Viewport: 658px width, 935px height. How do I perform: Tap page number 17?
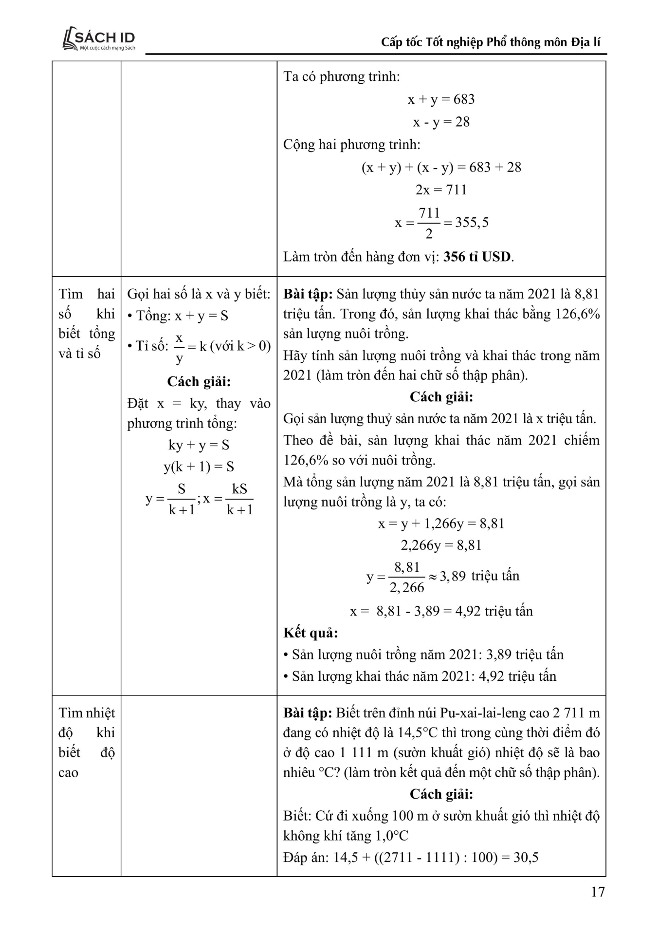pyautogui.click(x=598, y=892)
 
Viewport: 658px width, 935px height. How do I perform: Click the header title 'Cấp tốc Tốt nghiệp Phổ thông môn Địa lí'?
pyautogui.click(x=490, y=42)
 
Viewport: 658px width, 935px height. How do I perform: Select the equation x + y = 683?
pyautogui.click(x=441, y=99)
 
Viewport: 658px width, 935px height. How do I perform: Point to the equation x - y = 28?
pyautogui.click(x=441, y=122)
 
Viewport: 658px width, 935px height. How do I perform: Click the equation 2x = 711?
pyautogui.click(x=441, y=189)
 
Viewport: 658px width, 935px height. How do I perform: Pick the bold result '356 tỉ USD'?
pyautogui.click(x=477, y=257)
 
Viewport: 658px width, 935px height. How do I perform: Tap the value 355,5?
pyautogui.click(x=472, y=223)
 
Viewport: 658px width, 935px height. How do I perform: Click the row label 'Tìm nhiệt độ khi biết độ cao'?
pyautogui.click(x=87, y=742)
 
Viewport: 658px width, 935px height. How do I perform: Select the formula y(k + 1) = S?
pyautogui.click(x=199, y=467)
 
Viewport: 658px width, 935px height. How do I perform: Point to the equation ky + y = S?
pyautogui.click(x=199, y=445)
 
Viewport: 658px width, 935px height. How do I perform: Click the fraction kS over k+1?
pyautogui.click(x=239, y=499)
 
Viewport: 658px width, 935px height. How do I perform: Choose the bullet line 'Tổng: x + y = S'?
pyautogui.click(x=178, y=316)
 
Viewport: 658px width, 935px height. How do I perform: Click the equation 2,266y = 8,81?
pyautogui.click(x=441, y=545)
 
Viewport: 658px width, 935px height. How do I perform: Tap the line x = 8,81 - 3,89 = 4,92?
pyautogui.click(x=441, y=611)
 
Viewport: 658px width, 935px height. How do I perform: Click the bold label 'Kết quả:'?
pyautogui.click(x=311, y=633)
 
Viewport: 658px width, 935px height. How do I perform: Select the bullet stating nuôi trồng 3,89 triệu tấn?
pyautogui.click(x=423, y=654)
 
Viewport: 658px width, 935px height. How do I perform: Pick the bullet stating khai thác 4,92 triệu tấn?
pyautogui.click(x=420, y=676)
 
